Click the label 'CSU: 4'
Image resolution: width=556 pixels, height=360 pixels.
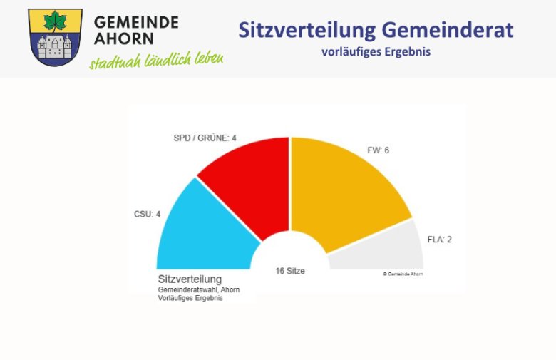pos(148,213)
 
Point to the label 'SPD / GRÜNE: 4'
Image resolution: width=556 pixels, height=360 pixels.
pos(205,138)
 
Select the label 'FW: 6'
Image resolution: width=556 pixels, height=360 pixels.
pos(378,150)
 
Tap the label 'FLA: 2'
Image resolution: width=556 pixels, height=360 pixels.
pos(440,240)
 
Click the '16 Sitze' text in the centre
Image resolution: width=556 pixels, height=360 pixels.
pos(290,271)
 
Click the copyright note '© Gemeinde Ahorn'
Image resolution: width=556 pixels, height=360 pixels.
pos(403,274)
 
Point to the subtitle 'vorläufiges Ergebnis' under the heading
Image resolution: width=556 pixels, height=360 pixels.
pos(376,52)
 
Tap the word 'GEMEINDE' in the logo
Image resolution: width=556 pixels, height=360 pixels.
pos(136,21)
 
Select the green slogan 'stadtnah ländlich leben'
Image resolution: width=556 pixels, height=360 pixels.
pos(156,60)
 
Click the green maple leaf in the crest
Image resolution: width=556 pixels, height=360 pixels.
pos(55,21)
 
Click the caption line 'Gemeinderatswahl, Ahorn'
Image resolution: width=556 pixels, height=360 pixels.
pos(198,289)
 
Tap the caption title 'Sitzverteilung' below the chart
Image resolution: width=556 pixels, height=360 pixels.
pos(190,279)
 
